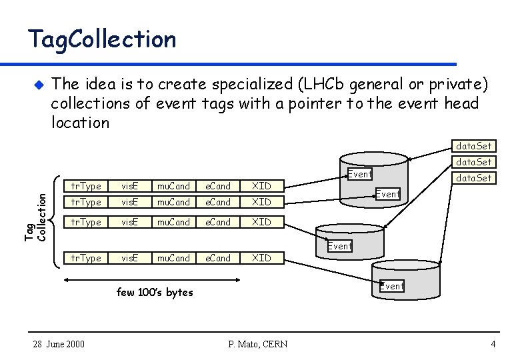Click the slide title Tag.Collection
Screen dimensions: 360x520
click(x=101, y=39)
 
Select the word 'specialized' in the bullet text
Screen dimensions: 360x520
click(x=253, y=85)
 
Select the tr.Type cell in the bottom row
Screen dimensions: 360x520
click(x=86, y=258)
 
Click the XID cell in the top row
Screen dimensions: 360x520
click(x=261, y=186)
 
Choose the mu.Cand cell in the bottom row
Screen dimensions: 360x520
click(x=173, y=258)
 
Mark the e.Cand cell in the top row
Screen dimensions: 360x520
click(x=217, y=186)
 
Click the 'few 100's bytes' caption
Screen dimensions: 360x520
click(x=155, y=292)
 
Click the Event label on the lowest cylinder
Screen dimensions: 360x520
click(x=392, y=286)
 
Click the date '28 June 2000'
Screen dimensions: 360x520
click(x=59, y=344)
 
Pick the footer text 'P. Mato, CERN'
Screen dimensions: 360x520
click(x=257, y=344)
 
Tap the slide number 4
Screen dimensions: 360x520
click(x=493, y=344)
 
